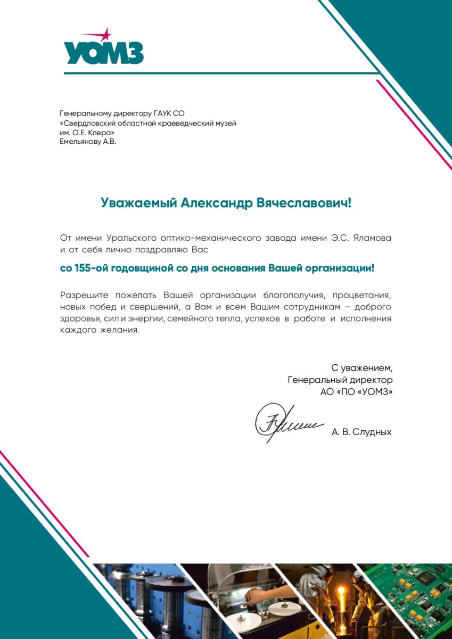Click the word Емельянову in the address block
[x=80, y=142]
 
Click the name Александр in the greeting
[x=217, y=203]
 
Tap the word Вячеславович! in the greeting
[x=305, y=203]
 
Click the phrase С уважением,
[x=361, y=367]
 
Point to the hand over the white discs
[x=254, y=595]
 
